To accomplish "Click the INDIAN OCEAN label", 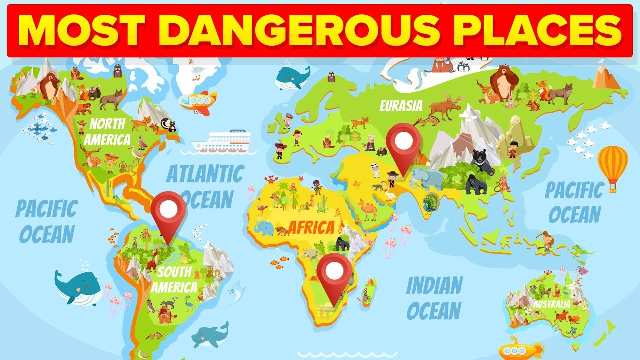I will [434, 298].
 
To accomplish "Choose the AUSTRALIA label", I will [551, 304].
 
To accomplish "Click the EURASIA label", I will [401, 106].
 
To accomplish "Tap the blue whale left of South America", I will [80, 287].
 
